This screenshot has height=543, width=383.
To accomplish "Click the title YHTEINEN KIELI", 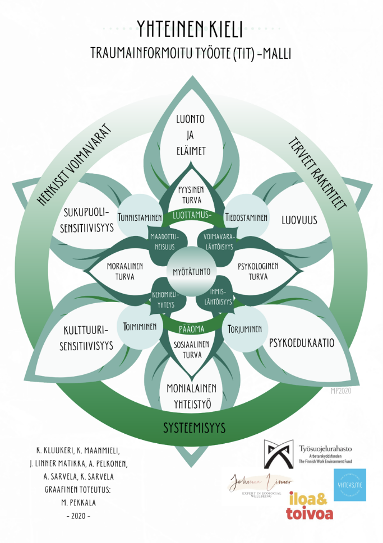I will [x=191, y=26].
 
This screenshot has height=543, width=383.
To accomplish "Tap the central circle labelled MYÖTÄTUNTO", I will [x=191, y=272].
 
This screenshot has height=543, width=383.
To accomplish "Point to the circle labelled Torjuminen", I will [x=245, y=329].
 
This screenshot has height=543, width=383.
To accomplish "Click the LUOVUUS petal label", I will [x=299, y=220].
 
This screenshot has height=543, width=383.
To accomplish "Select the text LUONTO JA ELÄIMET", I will [x=191, y=134].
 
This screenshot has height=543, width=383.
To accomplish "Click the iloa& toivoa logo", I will [x=310, y=504].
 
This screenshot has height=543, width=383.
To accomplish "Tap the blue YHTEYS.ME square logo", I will [x=349, y=485].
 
